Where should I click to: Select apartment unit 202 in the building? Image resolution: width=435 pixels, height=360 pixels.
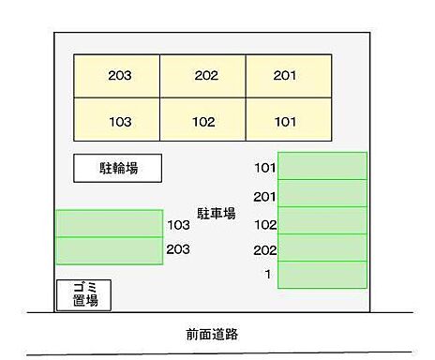pos(203,76)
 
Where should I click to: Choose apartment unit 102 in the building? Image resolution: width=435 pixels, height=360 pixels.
pos(203,120)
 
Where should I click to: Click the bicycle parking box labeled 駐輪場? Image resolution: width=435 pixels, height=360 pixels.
pos(118,169)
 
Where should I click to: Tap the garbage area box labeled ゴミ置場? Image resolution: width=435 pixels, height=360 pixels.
pos(83,294)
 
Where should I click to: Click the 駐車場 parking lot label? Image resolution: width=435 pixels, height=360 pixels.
pos(216,213)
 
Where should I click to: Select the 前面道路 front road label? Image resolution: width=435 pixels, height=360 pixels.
pos(217,334)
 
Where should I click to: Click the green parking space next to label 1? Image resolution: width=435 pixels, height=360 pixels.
pos(322,275)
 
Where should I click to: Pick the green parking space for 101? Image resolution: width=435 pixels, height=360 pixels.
pos(322,166)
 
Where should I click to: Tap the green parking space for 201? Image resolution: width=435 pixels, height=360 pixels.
pos(322,193)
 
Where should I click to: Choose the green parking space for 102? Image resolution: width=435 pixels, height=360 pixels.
pos(322,220)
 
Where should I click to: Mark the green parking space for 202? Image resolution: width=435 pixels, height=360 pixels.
pos(322,247)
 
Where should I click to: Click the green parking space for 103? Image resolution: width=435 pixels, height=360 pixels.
pos(109,224)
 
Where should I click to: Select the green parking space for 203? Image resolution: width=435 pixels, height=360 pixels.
pos(109,251)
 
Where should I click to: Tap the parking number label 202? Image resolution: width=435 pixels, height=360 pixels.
pos(264,250)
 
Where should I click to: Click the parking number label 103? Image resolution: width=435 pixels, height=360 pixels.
pos(178,225)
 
